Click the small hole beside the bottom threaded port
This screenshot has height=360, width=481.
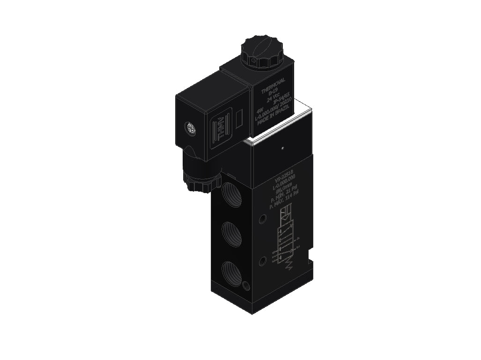tap(246, 285)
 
